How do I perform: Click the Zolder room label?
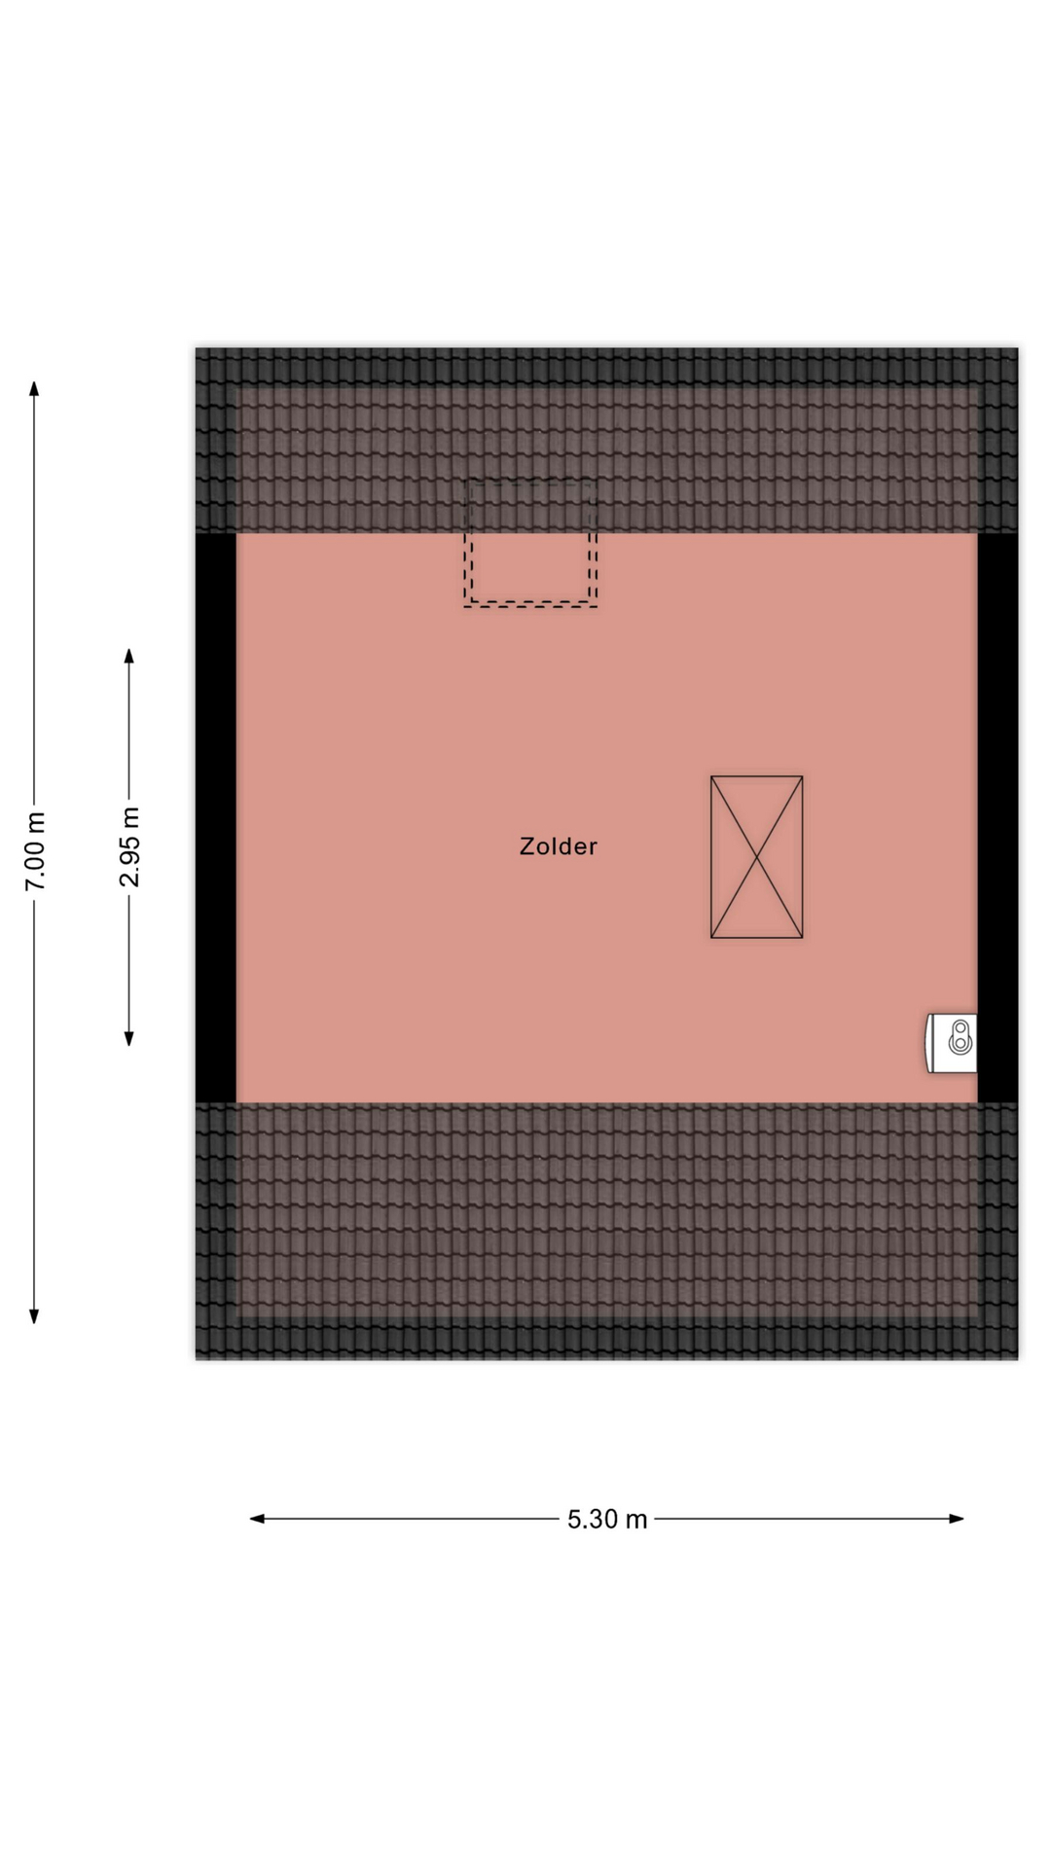pyautogui.click(x=558, y=846)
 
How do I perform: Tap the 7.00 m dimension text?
pyautogui.click(x=35, y=850)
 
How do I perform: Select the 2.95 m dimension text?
pyautogui.click(x=129, y=846)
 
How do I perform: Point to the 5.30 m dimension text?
pyautogui.click(x=607, y=1519)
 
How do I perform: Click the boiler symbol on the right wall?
pyautogui.click(x=951, y=1043)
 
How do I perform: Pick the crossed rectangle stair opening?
pyautogui.click(x=757, y=857)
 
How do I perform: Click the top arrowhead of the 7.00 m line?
pyautogui.click(x=34, y=388)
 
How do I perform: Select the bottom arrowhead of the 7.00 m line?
pyautogui.click(x=34, y=1316)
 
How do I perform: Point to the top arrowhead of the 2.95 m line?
pyautogui.click(x=128, y=656)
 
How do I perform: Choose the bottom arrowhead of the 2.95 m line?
pyautogui.click(x=128, y=1038)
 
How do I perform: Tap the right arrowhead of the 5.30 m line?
pyautogui.click(x=957, y=1519)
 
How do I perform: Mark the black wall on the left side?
pyautogui.click(x=216, y=817)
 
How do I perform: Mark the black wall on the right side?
pyautogui.click(x=997, y=817)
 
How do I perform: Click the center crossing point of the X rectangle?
pyautogui.click(x=757, y=857)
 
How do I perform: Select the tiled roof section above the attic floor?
pyautogui.click(x=606, y=441)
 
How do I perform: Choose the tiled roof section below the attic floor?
pyautogui.click(x=606, y=1231)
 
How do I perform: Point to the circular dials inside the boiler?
pyautogui.click(x=960, y=1036)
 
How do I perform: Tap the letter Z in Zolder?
pyautogui.click(x=526, y=846)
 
